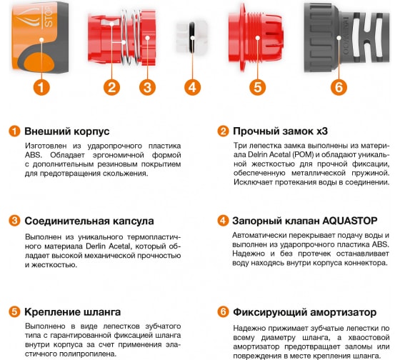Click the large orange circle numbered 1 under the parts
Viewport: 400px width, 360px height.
coord(42,89)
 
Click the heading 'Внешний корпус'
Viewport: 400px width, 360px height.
coord(66,132)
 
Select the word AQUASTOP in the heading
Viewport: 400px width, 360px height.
coord(346,221)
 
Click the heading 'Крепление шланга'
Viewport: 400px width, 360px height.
coord(72,312)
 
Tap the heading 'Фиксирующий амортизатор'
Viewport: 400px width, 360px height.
coord(304,312)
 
